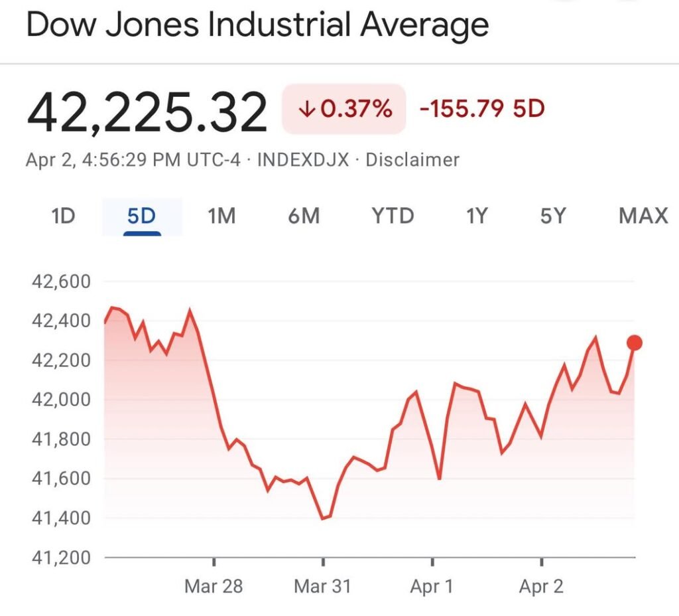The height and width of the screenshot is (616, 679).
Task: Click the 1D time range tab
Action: point(63,216)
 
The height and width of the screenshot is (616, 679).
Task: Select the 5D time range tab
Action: point(141,216)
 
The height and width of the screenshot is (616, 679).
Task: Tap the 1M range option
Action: point(221,216)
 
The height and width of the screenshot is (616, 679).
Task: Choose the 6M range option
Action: point(304,216)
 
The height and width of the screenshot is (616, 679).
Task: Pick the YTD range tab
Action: point(393,216)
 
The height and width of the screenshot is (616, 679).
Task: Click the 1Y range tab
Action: point(476,216)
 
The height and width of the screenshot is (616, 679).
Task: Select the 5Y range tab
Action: point(552,216)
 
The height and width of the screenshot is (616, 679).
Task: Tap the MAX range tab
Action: point(643,216)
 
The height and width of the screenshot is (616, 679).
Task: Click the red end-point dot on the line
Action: point(635,343)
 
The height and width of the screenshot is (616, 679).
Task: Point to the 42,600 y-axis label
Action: point(60,281)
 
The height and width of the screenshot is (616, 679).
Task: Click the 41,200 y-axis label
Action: point(60,557)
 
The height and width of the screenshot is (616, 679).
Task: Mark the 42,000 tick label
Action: point(60,400)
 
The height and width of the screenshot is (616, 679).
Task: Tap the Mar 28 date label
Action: point(214,587)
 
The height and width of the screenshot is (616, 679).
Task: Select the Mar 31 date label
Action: point(322,587)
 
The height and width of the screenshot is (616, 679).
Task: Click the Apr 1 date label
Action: point(432,587)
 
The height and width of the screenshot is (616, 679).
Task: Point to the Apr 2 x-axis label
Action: point(542,587)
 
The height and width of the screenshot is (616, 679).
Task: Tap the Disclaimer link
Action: point(412,160)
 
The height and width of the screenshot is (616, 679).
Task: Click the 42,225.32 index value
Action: point(147,112)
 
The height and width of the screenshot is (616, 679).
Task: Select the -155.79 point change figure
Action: point(462,109)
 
